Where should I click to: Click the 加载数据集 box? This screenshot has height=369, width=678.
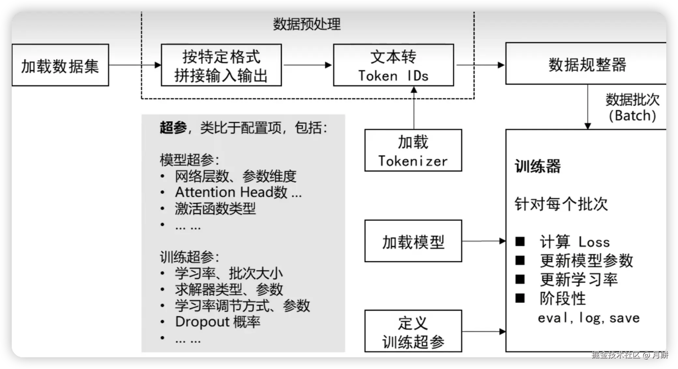[60, 65]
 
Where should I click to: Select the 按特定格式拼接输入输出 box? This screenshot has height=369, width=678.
[221, 65]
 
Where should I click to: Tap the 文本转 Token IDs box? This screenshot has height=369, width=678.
[393, 65]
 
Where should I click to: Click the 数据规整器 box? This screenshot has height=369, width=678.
[587, 64]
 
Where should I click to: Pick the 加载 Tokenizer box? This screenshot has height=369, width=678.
[413, 150]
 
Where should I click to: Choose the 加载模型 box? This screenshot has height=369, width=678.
[413, 241]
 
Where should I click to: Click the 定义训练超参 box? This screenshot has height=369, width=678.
[413, 331]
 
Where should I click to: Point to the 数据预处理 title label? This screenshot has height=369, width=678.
[307, 24]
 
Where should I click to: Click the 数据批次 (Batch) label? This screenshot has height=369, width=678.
[632, 107]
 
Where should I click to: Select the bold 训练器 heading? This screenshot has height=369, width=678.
[538, 166]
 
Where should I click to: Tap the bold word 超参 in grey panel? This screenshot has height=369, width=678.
[173, 128]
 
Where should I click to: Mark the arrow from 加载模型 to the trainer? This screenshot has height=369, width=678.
[484, 241]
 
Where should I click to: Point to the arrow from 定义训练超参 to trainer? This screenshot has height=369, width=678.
[484, 332]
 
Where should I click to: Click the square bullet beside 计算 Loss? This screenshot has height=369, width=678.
[520, 241]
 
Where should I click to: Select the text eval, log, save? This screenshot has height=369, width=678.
[589, 318]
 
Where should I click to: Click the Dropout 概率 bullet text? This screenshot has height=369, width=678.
[218, 322]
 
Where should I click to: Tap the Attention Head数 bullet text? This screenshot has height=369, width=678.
[238, 192]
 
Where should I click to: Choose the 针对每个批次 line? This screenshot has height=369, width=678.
[561, 204]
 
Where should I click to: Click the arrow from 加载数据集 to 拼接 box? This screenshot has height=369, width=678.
[135, 65]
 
